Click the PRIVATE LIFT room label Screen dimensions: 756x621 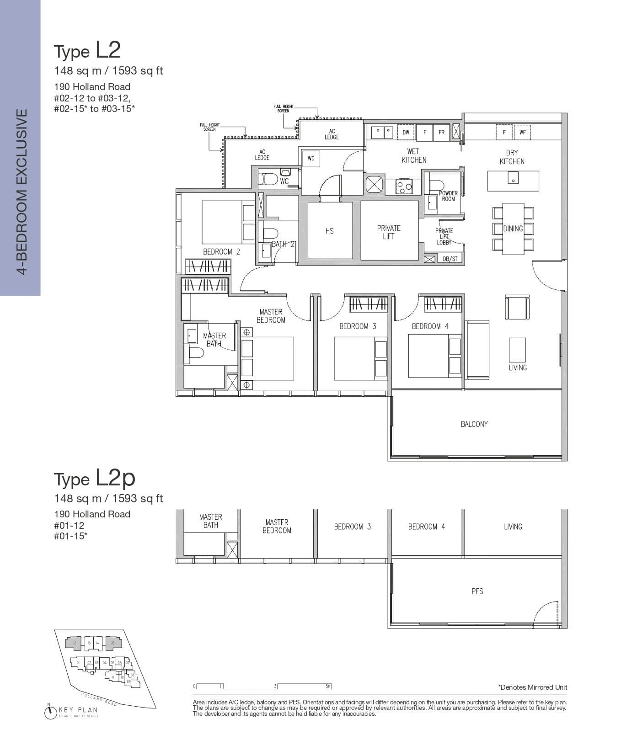(389, 232)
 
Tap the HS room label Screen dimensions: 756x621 (329, 231)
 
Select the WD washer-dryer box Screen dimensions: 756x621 (311, 159)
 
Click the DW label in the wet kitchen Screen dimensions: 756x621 (406, 133)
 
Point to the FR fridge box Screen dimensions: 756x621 (441, 133)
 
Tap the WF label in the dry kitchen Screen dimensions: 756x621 (522, 133)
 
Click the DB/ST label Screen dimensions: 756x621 (450, 259)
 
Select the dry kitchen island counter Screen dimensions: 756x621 (513, 181)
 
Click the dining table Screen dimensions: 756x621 (513, 229)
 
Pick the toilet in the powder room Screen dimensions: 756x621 (436, 185)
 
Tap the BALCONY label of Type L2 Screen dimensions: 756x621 (474, 424)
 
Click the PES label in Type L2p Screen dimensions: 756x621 (477, 591)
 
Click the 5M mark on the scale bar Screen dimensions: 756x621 (328, 686)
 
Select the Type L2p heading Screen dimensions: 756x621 (95, 478)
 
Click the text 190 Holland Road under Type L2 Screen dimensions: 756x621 (92, 87)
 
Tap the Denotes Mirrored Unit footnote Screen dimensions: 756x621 (532, 687)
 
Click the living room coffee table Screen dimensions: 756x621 (517, 350)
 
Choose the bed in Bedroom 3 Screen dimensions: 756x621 (354, 359)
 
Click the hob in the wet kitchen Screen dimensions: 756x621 (403, 186)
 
